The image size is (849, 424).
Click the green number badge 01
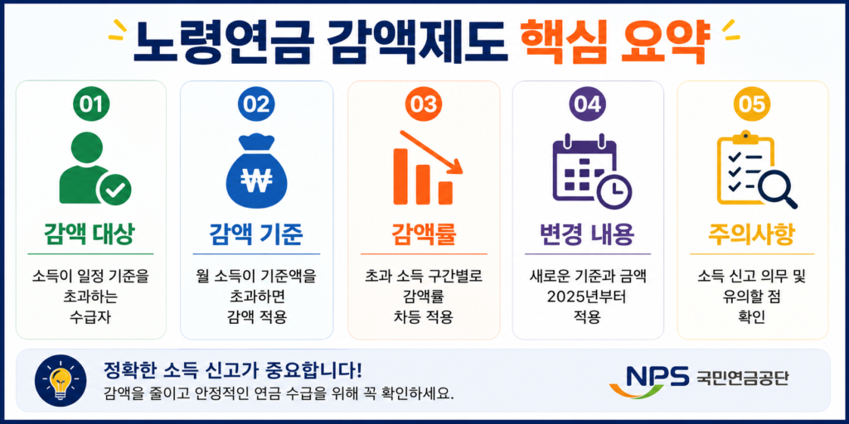coord(91,104)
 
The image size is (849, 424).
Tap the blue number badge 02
coord(256,104)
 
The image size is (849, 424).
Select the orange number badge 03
coord(424,104)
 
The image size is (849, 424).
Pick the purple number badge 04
coord(588,104)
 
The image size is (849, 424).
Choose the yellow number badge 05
coord(752,104)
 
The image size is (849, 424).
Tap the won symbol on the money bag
coord(256,180)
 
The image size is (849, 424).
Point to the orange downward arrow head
coord(456,166)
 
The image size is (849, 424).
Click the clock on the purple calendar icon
coord(614,190)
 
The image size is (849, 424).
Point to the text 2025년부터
coord(588,297)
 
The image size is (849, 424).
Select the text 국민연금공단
coord(742,377)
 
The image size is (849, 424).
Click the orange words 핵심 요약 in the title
coord(614,43)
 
